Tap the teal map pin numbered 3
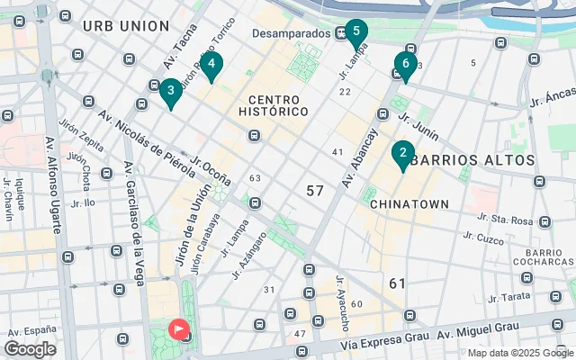click(170, 91)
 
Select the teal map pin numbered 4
click(211, 65)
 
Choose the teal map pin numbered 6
click(405, 65)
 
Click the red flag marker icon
click(180, 330)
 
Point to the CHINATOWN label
click(409, 204)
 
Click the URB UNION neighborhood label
click(125, 25)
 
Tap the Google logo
click(30, 349)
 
